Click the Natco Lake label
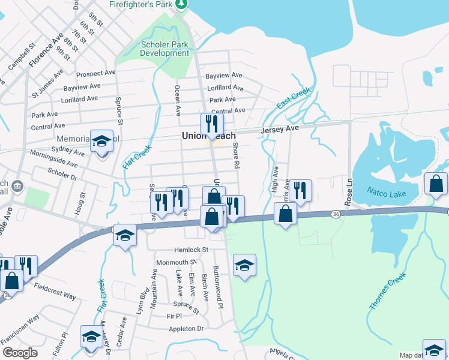click(387, 193)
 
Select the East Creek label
click(294, 98)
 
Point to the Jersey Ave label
click(279, 129)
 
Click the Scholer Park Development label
click(164, 49)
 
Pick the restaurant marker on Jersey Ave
click(212, 124)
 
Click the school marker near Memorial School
click(102, 142)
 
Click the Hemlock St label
click(190, 250)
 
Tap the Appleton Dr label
click(186, 329)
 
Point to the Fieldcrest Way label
click(55, 292)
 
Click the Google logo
click(20, 353)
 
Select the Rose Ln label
click(348, 188)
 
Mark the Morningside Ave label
click(55, 163)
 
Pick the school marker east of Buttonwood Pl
click(244, 266)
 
